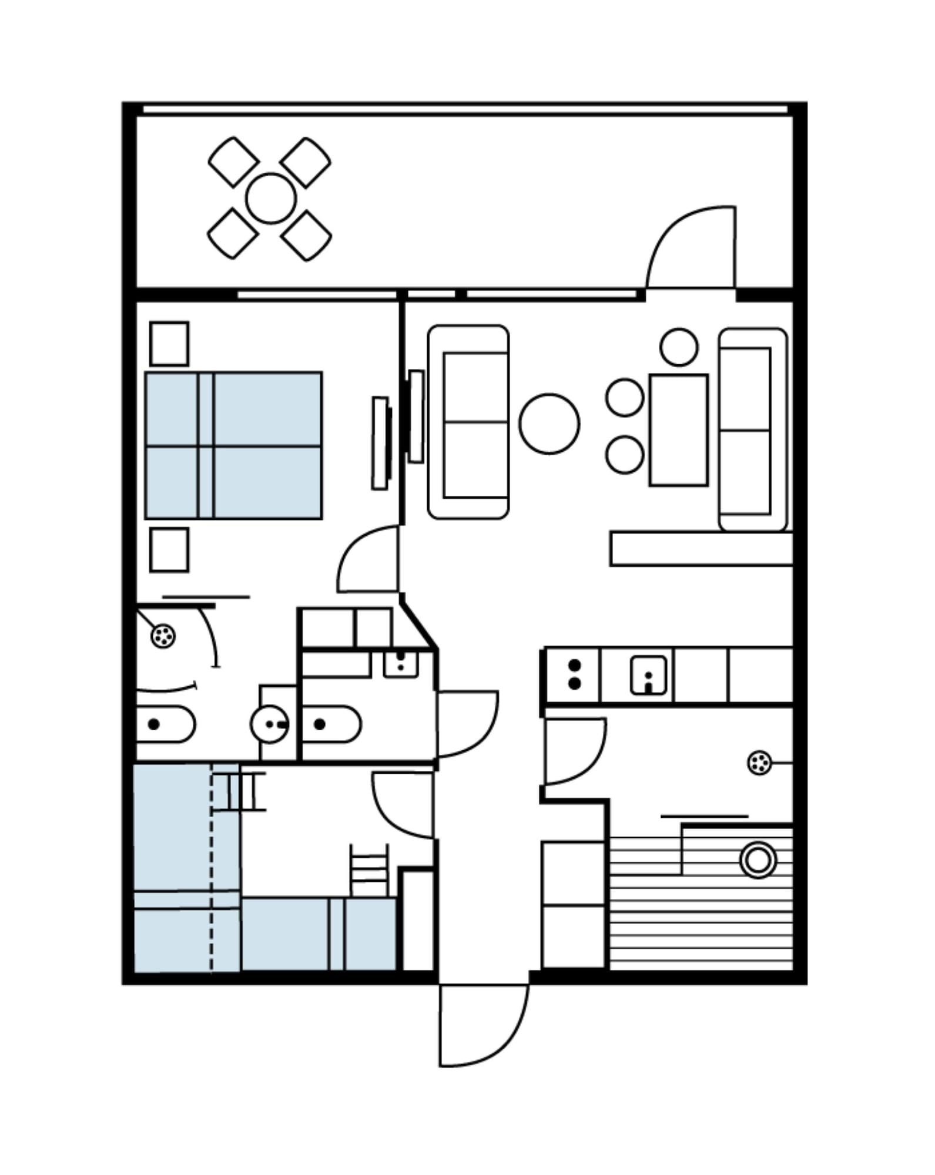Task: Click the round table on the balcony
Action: coord(271,198)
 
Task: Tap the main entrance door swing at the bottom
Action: coord(482,1023)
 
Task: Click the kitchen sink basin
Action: coord(648,675)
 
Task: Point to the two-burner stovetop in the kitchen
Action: coord(574,674)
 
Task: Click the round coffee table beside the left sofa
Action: coord(549,423)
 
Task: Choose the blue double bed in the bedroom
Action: coord(233,445)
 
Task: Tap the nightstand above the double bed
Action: coord(169,344)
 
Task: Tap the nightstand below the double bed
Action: coord(169,550)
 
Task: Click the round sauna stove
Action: coord(758,861)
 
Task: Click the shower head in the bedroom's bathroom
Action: coord(163,635)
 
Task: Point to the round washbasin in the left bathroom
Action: coord(269,724)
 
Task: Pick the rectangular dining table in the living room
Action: coord(679,430)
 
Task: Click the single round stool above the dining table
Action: coord(679,347)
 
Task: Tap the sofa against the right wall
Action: coord(753,430)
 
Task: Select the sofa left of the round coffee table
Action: coord(468,422)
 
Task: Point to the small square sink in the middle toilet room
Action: coord(401,664)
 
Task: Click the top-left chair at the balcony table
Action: coord(233,162)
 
